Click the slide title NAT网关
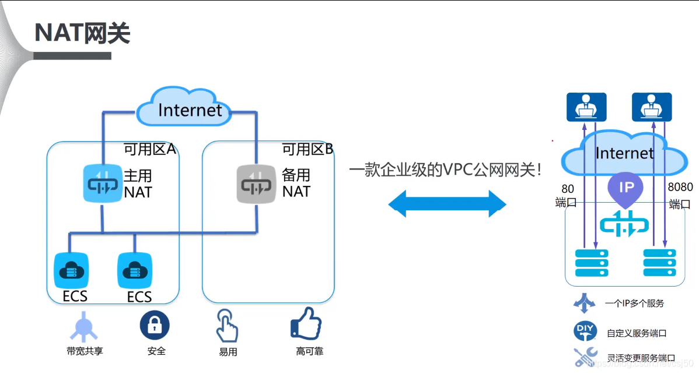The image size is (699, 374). pos(82,33)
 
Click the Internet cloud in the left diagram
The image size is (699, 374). pos(190,108)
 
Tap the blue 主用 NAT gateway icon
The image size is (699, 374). pos(103,183)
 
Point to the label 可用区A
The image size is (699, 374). pos(149,150)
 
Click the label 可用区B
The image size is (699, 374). pos(307,150)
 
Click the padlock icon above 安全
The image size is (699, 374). pos(155,325)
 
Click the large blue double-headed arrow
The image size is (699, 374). pos(448,203)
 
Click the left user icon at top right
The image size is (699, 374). pos(586,107)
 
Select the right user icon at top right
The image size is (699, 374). pos(652,107)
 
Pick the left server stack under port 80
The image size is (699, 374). pos(592,263)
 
